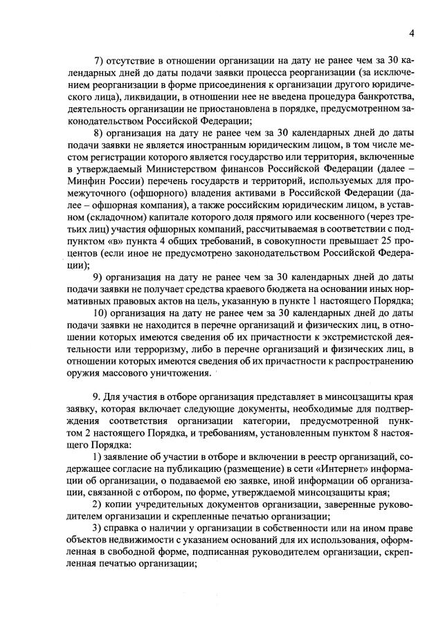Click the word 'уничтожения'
click(x=177, y=374)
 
